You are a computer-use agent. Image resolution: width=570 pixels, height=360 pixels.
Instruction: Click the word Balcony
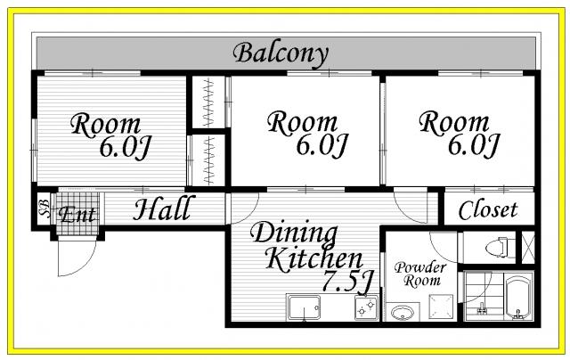(281, 54)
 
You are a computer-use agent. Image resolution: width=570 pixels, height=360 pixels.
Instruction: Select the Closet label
(488, 210)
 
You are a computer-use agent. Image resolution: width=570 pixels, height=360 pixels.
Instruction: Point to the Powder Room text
(420, 274)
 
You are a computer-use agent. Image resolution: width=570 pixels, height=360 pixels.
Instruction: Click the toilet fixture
(501, 247)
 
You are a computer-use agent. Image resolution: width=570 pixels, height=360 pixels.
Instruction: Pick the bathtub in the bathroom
(518, 298)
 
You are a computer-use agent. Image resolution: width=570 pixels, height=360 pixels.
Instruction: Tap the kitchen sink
(304, 307)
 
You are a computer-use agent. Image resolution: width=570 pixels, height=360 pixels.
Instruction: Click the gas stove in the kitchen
(366, 307)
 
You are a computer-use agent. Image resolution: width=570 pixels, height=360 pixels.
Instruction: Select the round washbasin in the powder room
(402, 313)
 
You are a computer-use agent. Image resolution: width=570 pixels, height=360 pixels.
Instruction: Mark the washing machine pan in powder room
(441, 307)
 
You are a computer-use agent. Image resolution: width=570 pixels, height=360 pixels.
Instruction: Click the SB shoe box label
(45, 209)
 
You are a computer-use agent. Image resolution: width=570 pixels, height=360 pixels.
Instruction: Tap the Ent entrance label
(77, 215)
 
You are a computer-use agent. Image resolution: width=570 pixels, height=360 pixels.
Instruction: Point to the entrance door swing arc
(86, 266)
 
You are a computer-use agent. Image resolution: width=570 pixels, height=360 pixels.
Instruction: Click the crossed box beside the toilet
(528, 247)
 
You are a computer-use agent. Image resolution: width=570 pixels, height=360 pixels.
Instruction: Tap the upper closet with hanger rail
(208, 102)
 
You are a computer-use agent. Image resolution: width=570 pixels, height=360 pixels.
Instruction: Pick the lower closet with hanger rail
(208, 160)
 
